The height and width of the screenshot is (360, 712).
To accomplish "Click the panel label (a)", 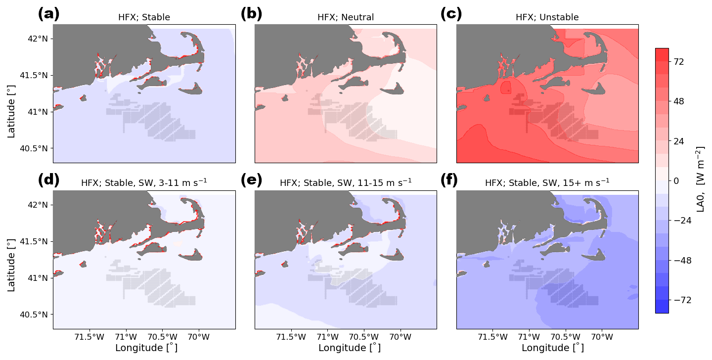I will [48, 14].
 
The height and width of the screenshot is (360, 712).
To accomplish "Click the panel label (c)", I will [451, 14].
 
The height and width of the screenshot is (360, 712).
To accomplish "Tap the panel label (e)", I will [251, 180].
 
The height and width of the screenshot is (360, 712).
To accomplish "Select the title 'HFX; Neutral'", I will [346, 18].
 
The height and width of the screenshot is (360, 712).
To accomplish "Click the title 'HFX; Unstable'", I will [547, 18].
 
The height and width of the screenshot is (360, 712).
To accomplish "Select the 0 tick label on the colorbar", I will [675, 181].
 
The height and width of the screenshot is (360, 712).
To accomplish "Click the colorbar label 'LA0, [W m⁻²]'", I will [700, 179].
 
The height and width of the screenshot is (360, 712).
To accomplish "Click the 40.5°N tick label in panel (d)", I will [37, 315].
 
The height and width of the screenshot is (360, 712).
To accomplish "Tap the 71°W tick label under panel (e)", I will [327, 338].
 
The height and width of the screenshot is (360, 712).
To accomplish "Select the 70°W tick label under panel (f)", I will [602, 338].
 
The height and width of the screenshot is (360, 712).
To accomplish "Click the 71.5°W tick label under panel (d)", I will [90, 338].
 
